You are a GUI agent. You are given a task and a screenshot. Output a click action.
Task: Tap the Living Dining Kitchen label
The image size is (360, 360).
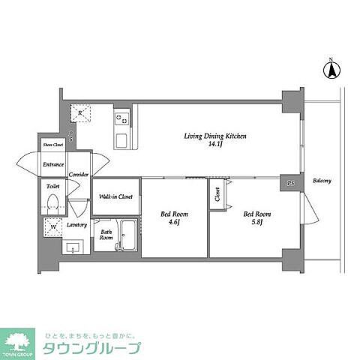(x=216, y=136)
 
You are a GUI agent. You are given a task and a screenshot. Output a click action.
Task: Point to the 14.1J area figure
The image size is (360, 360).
(x=216, y=145)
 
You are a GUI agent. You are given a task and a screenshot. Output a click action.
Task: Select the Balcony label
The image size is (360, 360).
(x=322, y=181)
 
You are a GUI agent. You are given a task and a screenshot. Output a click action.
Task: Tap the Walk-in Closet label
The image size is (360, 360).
(x=115, y=197)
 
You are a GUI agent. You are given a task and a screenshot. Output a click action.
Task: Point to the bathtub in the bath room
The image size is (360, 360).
(x=128, y=238)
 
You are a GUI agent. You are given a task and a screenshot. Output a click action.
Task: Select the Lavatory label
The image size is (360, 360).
(x=76, y=225)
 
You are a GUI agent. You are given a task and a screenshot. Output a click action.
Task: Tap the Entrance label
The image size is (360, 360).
(x=53, y=163)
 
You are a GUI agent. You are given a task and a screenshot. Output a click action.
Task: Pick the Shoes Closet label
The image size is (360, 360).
(x=52, y=145)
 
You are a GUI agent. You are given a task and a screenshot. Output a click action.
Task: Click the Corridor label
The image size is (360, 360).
(x=79, y=175)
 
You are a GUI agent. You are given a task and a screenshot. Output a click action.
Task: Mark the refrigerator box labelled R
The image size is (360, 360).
(x=81, y=112)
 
